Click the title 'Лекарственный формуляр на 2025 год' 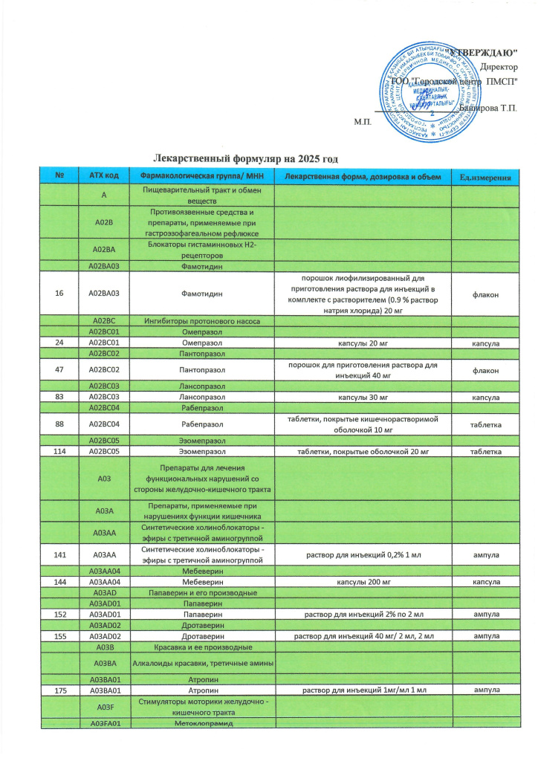249,159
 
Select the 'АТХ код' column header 104,175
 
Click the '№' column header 59,175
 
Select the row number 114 59,452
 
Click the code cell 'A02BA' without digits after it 104,250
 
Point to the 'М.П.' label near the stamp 363,120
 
